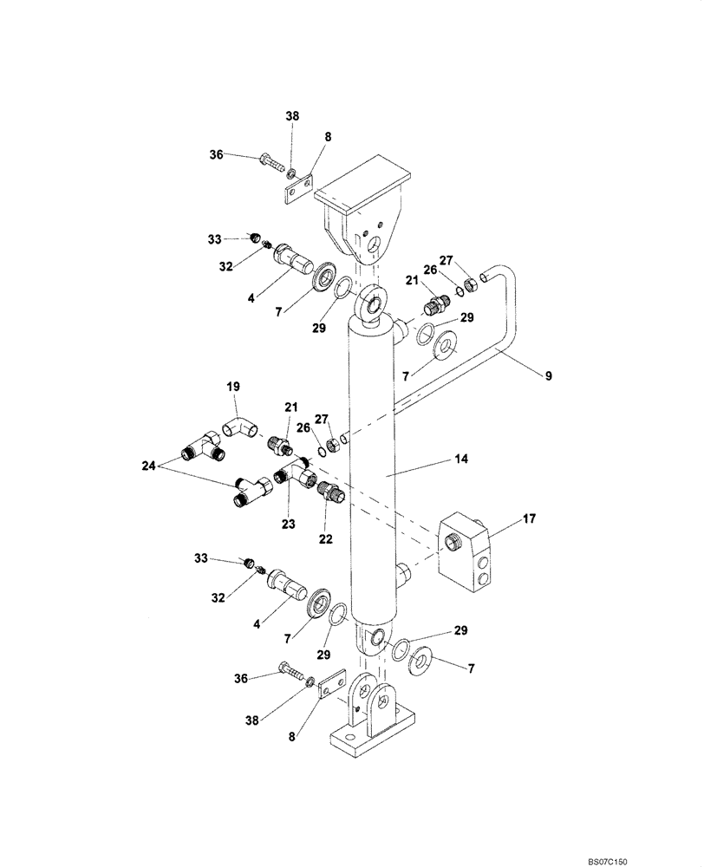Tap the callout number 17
[x=529, y=519]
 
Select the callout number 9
[x=548, y=375]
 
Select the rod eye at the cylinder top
[x=370, y=304]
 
